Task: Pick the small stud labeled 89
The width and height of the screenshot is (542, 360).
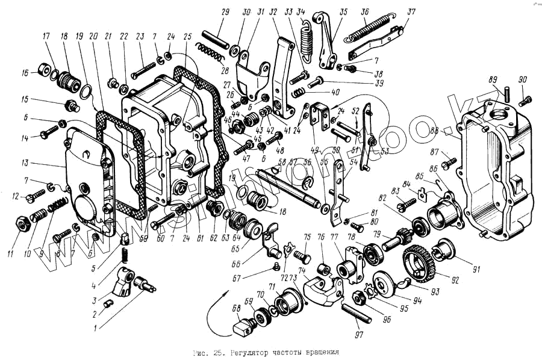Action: [507, 92]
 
